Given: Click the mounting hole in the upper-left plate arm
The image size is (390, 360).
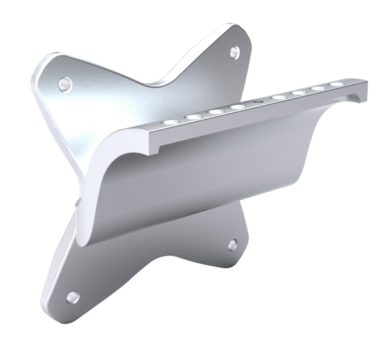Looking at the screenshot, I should click(x=64, y=84).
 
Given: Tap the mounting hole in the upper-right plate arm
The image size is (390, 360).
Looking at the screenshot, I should click(x=234, y=52).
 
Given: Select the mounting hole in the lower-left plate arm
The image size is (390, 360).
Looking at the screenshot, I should click(x=73, y=297).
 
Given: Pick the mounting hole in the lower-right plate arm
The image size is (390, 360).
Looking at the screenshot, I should click(x=232, y=244).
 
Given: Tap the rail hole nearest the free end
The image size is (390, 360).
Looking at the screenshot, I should click(x=336, y=84).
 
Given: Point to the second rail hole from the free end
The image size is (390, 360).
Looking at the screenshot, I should click(x=317, y=88).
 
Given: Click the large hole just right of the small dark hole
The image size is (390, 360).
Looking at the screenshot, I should click(x=279, y=97).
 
